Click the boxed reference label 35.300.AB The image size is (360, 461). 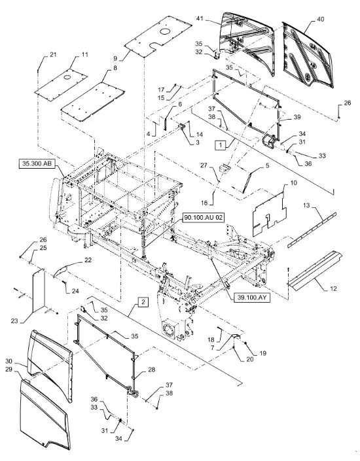37,163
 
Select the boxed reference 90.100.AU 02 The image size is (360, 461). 203,218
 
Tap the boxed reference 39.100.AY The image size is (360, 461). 252,298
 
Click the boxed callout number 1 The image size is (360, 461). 221,145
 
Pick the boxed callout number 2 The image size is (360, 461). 143,302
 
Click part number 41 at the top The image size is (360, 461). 200,18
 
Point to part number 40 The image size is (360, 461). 321,19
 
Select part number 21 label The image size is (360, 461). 53,54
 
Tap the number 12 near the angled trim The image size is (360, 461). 333,289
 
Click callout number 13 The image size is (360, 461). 306,205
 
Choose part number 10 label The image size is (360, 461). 293,183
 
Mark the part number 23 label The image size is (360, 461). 14,321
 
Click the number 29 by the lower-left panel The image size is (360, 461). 9,369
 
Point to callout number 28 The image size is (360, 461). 152,369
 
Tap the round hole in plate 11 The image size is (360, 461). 67,77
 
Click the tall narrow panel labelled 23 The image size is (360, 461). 38,290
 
